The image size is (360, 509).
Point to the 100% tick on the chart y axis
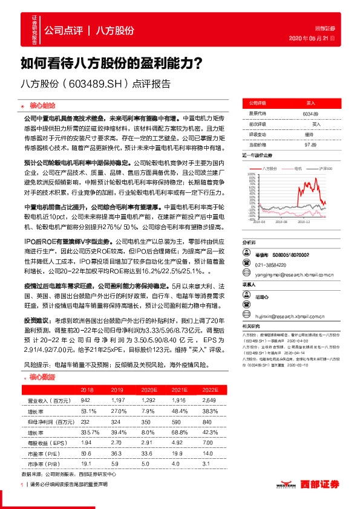coord(251,173)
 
